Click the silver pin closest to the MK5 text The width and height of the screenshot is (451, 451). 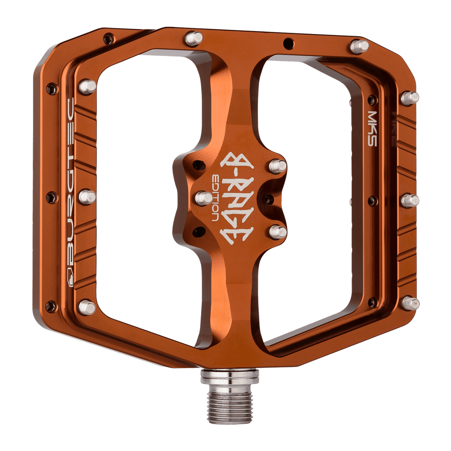point(410,98)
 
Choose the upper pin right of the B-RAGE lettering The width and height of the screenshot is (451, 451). point(278,166)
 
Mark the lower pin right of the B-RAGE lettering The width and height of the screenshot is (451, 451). point(278,232)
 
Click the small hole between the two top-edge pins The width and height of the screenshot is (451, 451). point(286,43)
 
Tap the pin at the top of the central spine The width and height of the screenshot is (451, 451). point(194,38)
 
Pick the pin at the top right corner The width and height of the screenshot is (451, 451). point(359,46)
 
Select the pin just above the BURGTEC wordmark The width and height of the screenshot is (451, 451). point(88,87)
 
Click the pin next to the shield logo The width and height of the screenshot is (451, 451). point(88,307)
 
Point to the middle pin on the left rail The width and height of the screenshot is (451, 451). point(88,196)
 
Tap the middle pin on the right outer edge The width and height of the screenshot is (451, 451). point(410,201)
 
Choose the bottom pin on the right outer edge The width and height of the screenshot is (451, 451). point(411,303)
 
